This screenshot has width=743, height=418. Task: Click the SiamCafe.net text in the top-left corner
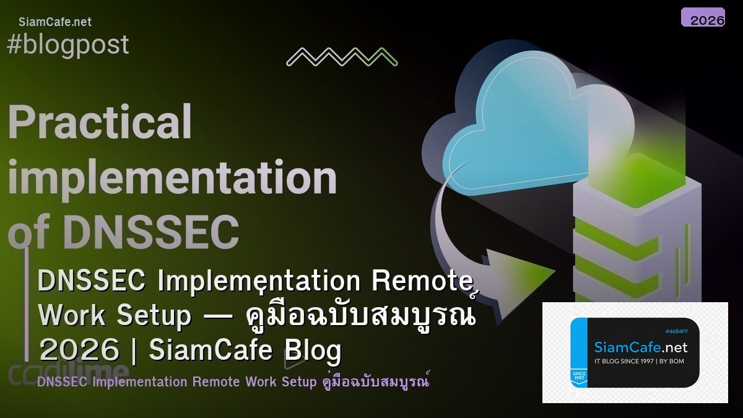pyautogui.click(x=55, y=22)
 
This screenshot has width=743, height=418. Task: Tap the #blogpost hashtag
pyautogui.click(x=68, y=45)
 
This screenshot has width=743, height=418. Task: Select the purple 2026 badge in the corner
pyautogui.click(x=703, y=18)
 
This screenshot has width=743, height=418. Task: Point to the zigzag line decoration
pyautogui.click(x=342, y=57)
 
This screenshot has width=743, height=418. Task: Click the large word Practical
pyautogui.click(x=100, y=122)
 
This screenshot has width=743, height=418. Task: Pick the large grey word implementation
pyautogui.click(x=172, y=178)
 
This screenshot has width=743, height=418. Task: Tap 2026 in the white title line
pyautogui.click(x=79, y=351)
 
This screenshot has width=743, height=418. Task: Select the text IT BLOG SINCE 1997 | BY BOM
pyautogui.click(x=639, y=362)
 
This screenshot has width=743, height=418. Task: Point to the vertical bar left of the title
pyautogui.click(x=27, y=303)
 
